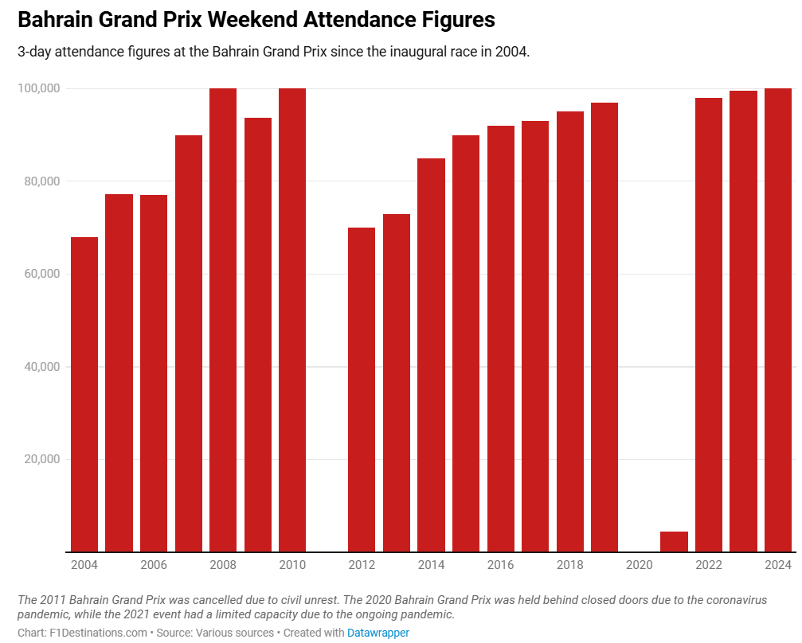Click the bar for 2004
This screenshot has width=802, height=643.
click(x=84, y=394)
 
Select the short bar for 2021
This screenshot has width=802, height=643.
click(x=674, y=541)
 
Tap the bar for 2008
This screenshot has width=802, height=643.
click(x=223, y=318)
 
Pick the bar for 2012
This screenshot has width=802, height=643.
click(x=362, y=389)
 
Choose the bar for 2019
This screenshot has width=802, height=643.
click(x=604, y=326)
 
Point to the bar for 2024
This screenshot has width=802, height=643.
click(x=778, y=318)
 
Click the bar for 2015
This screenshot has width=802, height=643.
click(x=466, y=343)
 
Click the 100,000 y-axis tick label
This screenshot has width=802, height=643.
click(x=39, y=88)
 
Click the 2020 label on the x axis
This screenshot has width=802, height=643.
click(x=640, y=565)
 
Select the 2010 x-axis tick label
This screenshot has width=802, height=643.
click(x=292, y=565)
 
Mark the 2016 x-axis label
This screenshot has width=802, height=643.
click(x=501, y=565)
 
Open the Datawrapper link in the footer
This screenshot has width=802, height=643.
click(x=378, y=633)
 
